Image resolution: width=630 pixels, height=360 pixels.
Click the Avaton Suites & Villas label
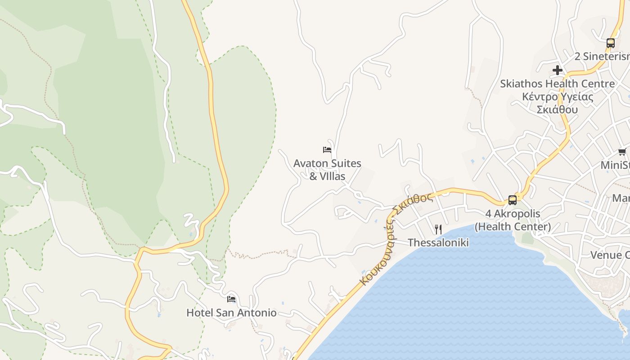click(x=327, y=169)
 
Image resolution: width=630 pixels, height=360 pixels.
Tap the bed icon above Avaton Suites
click(x=327, y=150)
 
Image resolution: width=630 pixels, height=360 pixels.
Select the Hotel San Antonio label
click(x=231, y=313)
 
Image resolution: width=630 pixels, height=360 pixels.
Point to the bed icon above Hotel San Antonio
click(x=231, y=299)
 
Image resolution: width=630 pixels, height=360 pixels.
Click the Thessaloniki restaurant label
click(x=438, y=243)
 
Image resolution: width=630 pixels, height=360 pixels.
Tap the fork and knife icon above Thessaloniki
click(x=438, y=229)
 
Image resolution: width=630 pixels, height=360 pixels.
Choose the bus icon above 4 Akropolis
click(x=512, y=200)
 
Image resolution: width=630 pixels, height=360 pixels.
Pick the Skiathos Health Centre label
click(x=557, y=84)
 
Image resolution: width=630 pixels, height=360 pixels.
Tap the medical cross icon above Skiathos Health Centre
click(x=557, y=70)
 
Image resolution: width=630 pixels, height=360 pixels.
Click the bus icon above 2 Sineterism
click(x=610, y=43)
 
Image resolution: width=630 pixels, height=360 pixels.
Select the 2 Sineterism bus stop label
click(x=602, y=57)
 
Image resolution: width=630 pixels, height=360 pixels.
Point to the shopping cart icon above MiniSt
click(x=622, y=152)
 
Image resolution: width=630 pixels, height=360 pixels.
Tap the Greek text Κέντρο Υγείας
click(x=557, y=97)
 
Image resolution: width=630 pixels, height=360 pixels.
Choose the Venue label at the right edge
click(x=609, y=255)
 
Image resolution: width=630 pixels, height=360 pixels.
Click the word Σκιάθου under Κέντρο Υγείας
click(x=557, y=109)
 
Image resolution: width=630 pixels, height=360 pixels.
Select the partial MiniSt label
click(x=615, y=165)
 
